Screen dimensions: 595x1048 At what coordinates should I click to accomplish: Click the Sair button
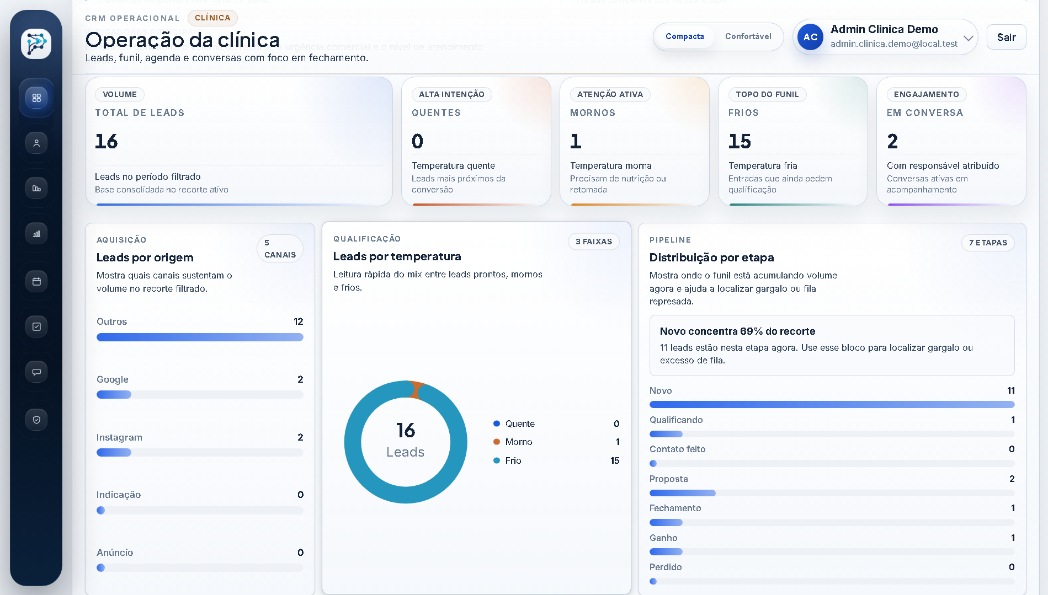coord(1006,37)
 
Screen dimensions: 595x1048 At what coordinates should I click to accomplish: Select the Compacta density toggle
coord(684,36)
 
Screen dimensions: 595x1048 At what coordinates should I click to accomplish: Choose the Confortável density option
coord(748,36)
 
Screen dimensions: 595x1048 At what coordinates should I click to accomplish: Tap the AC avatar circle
coord(810,37)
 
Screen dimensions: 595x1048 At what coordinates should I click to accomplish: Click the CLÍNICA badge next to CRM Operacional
coord(212,18)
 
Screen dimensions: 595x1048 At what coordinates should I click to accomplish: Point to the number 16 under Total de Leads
coord(107,142)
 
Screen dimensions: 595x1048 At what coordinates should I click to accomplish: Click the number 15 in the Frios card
coord(740,142)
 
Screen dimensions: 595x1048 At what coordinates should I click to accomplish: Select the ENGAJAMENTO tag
coord(926,94)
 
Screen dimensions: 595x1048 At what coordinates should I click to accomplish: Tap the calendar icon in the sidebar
coord(36,281)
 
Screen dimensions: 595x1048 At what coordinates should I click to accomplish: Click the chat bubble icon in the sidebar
coord(36,372)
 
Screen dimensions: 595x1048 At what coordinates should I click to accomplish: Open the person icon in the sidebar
coord(36,143)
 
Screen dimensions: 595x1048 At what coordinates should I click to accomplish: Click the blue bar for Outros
coord(200,337)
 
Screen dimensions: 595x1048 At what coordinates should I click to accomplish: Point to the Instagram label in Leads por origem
coord(119,437)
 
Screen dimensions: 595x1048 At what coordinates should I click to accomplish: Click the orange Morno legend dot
coord(497,442)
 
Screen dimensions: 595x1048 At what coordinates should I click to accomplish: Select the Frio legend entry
coord(513,460)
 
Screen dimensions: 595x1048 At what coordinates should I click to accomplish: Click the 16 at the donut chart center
coord(406,431)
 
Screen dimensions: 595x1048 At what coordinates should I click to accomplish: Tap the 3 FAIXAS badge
coord(593,242)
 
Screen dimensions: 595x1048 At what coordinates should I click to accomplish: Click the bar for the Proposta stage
coord(683,493)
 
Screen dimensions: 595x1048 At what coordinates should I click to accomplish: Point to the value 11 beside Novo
coord(1010,390)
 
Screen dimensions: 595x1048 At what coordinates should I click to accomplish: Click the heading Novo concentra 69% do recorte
coord(737,331)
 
